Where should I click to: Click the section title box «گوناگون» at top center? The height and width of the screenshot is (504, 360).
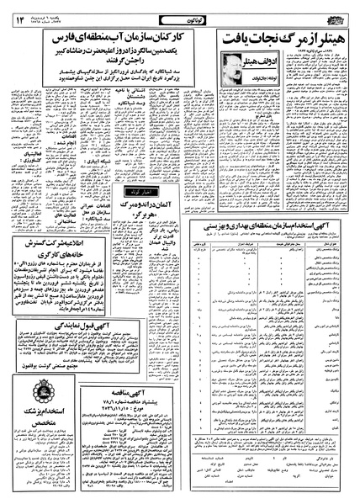(x=181, y=9)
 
